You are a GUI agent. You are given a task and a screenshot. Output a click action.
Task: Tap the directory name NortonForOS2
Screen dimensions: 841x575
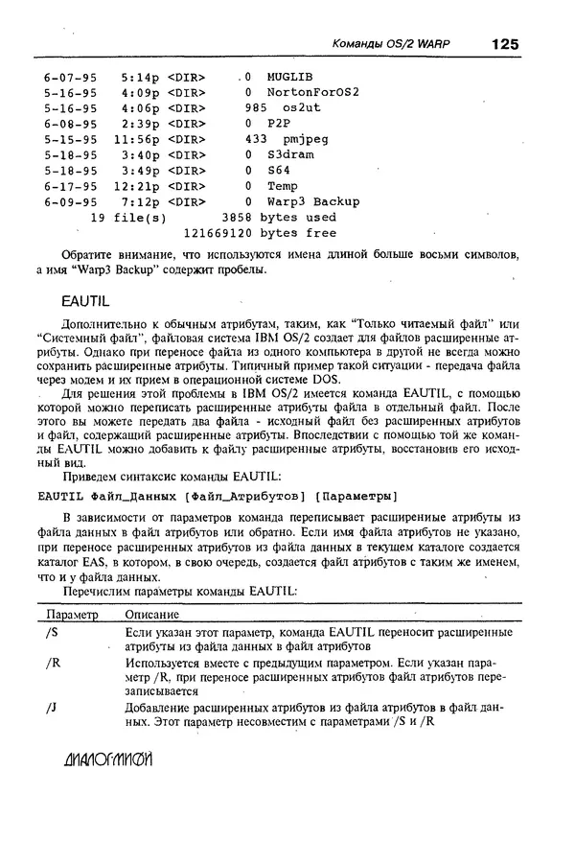coord(312,92)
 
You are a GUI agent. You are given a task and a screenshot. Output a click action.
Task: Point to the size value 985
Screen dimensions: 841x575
coord(254,107)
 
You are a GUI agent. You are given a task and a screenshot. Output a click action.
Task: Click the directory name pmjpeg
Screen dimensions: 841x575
coord(297,139)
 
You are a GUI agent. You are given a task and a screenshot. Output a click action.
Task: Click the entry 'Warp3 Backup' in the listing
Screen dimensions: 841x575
coord(312,201)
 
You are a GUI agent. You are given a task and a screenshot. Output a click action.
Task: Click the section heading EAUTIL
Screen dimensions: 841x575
coord(87,300)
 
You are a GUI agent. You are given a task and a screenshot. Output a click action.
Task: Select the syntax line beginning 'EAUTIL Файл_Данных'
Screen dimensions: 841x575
coord(216,496)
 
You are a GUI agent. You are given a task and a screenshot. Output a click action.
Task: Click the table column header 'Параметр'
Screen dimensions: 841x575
coord(72,614)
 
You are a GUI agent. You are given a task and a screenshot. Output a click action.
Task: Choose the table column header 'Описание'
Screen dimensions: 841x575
coord(151,614)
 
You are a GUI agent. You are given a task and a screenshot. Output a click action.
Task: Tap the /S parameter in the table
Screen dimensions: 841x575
coord(52,633)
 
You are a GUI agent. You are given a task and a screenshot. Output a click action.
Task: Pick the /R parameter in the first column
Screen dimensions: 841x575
coord(52,663)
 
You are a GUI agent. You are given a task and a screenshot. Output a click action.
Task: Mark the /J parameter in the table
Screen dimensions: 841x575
coord(51,708)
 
